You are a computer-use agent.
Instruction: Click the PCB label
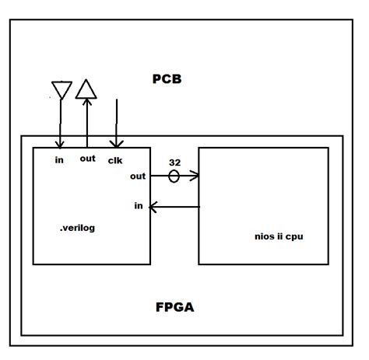pyautogui.click(x=168, y=79)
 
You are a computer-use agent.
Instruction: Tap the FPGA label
pyautogui.click(x=174, y=307)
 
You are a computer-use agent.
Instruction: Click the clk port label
pyautogui.click(x=116, y=160)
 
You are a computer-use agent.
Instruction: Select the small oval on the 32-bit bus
pyautogui.click(x=174, y=177)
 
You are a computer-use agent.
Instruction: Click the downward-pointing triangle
pyautogui.click(x=60, y=89)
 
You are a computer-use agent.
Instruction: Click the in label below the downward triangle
pyautogui.click(x=59, y=160)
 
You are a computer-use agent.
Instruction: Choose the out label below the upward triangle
pyautogui.click(x=87, y=159)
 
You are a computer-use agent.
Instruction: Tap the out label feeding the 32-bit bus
pyautogui.click(x=137, y=177)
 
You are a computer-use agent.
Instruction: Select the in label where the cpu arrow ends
pyautogui.click(x=138, y=205)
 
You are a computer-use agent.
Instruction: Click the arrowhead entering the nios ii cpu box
pyautogui.click(x=195, y=176)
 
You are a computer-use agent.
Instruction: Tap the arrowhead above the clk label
pyautogui.click(x=116, y=143)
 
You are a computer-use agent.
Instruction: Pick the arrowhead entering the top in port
pyautogui.click(x=60, y=143)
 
